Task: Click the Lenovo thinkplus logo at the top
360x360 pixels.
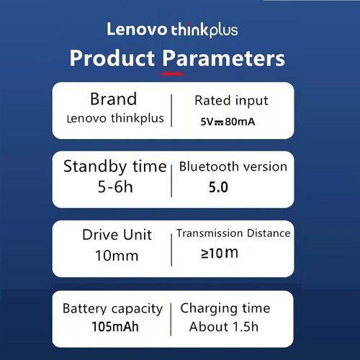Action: point(172,30)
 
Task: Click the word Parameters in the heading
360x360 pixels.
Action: point(224,58)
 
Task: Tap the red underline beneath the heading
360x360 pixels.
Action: point(173,74)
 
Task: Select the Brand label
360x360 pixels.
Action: point(114,99)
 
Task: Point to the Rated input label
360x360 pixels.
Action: point(231,101)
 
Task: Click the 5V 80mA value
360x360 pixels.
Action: point(228,122)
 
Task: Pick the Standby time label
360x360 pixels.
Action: point(115,166)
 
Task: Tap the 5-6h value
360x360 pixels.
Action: point(115,186)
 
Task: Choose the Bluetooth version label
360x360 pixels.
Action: point(233,166)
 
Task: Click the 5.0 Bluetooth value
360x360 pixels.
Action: point(218,187)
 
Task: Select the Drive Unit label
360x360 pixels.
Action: point(117,235)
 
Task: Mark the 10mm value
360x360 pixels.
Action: point(117,256)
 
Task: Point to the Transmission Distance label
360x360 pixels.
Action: point(233,233)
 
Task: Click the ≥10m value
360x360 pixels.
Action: point(220,253)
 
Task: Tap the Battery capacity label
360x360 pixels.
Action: point(112,309)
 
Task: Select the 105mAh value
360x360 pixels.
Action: point(115,327)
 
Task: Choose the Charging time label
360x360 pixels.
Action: point(225,309)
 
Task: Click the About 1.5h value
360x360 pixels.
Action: point(224,327)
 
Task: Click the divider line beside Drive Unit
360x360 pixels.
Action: point(171,250)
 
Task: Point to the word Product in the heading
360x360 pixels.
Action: point(112,58)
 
